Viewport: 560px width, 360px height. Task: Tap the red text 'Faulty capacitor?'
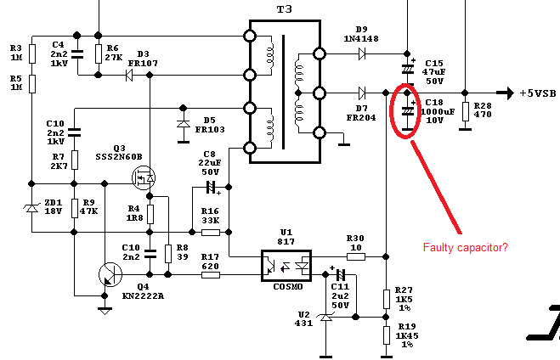point(466,247)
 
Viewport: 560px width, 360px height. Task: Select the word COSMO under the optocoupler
point(285,286)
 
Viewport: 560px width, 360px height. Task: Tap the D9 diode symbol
point(362,54)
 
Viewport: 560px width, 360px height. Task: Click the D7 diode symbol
point(362,93)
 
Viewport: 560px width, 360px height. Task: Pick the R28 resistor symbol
point(465,114)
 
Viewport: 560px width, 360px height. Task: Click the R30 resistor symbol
point(355,256)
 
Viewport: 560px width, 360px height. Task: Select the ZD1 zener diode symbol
point(32,207)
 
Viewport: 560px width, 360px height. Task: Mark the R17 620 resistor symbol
point(210,274)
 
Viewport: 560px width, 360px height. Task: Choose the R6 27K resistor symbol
point(99,53)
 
